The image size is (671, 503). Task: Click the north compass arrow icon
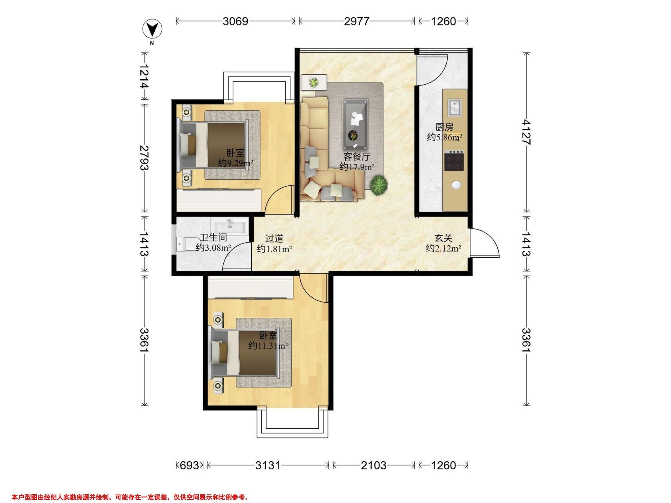pos(152,29)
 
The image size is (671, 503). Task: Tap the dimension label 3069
pos(235,21)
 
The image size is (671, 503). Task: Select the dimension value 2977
pos(356,21)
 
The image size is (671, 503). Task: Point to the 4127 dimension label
pos(527,132)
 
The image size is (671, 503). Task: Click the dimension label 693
pos(190,465)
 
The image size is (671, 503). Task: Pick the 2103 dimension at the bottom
pos(374,465)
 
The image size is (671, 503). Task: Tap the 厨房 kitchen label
pos(445,127)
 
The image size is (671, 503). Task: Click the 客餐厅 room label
pos(357,156)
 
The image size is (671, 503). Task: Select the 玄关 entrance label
pos(443,238)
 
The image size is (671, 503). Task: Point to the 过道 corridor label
pos(274,239)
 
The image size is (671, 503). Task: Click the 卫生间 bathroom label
pos(214,238)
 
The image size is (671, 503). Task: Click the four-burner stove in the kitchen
pos(454,162)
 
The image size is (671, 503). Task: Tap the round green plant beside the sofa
pos(379,185)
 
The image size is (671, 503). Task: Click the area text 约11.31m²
pos(268,346)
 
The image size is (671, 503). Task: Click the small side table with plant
pos(314,82)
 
